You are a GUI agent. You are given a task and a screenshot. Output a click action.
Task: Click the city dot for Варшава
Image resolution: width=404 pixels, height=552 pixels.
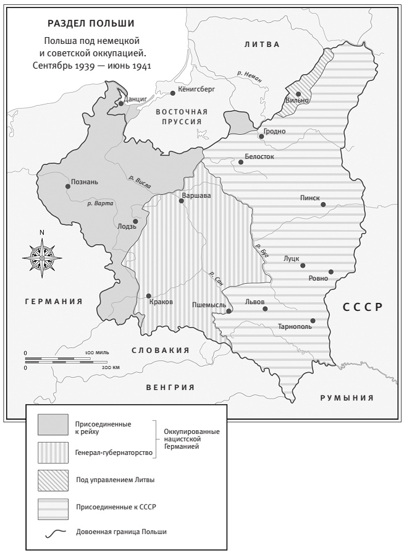[x=180, y=201]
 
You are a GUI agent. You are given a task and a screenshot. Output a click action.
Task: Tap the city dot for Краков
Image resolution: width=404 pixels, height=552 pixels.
[x=149, y=296]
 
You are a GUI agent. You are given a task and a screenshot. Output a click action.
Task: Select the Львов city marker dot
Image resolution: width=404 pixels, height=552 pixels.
[x=266, y=308]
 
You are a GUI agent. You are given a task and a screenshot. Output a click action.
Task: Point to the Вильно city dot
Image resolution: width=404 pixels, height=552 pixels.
[x=298, y=94]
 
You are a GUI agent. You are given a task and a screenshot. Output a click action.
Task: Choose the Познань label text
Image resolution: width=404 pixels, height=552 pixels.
[x=85, y=182]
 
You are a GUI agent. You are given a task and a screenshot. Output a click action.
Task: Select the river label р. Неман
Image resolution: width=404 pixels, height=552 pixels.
[x=253, y=75]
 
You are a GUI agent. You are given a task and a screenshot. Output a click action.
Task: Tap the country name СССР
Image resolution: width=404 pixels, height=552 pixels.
[x=363, y=307]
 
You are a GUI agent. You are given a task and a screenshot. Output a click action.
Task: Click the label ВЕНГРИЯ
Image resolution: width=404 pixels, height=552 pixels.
[x=170, y=388]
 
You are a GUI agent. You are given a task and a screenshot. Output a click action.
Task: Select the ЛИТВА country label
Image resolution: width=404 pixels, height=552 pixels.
[x=261, y=45]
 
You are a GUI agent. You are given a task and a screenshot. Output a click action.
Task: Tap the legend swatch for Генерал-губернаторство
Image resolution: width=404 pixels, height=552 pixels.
[x=53, y=452]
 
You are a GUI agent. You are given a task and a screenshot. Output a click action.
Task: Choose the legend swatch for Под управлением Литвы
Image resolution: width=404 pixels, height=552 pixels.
[x=53, y=480]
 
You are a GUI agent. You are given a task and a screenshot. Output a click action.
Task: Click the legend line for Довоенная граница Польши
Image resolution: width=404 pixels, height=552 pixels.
[x=53, y=531]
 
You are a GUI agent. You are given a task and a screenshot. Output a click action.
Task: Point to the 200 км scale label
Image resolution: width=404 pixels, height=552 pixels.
[x=111, y=367]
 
